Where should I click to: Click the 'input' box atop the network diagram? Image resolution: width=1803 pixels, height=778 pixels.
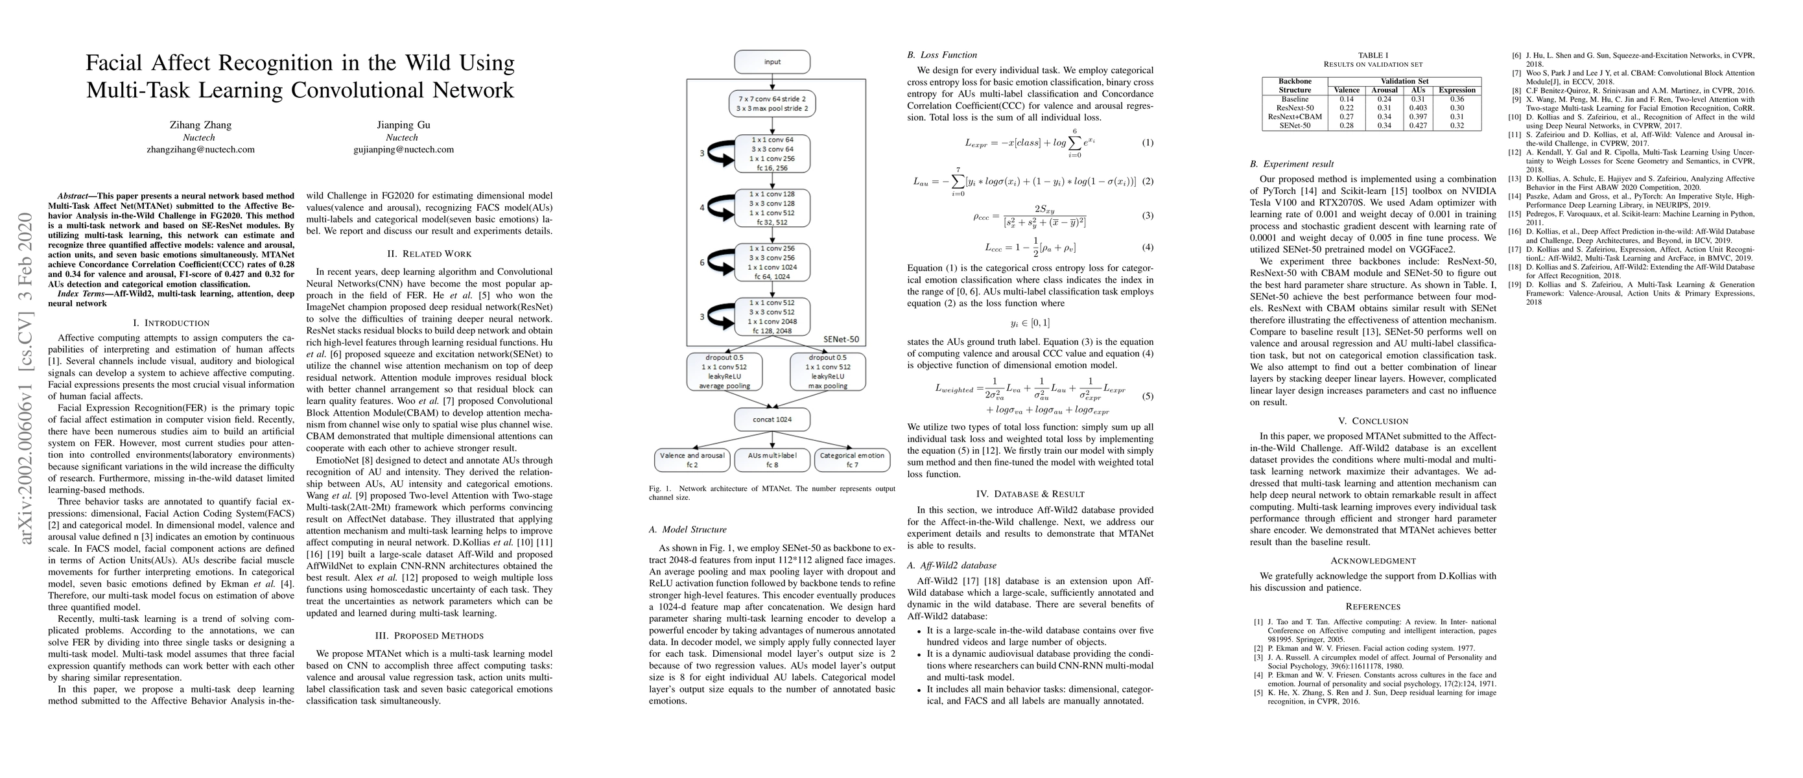tap(772, 62)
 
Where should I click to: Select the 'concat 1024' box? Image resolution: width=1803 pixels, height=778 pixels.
tap(772, 419)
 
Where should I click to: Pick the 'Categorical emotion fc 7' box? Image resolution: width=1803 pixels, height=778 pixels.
tap(852, 460)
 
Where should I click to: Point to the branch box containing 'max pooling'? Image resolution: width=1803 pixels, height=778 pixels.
tap(827, 371)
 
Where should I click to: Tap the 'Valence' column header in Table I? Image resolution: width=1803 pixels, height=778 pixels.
tap(1347, 90)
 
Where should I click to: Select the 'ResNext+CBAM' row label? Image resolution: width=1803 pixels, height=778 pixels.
tap(1294, 117)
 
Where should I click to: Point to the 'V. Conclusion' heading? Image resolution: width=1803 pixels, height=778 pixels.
tap(1373, 421)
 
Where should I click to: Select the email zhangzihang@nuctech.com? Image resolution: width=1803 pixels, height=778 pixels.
tap(200, 149)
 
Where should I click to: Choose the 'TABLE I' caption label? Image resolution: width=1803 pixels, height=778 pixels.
tap(1371, 54)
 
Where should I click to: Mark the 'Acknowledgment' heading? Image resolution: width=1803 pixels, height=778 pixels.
tap(1373, 560)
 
